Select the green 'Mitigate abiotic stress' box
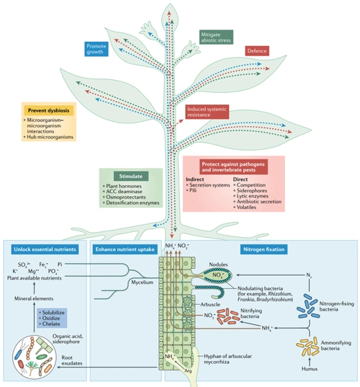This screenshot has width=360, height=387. click(x=215, y=37)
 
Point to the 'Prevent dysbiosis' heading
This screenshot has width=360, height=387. click(x=44, y=110)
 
